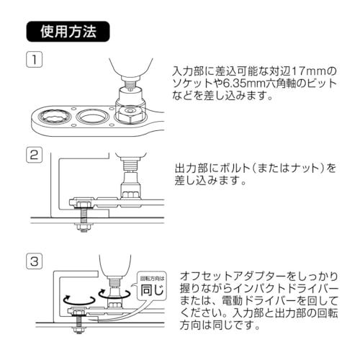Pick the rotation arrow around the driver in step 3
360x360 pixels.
(x=111, y=294)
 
